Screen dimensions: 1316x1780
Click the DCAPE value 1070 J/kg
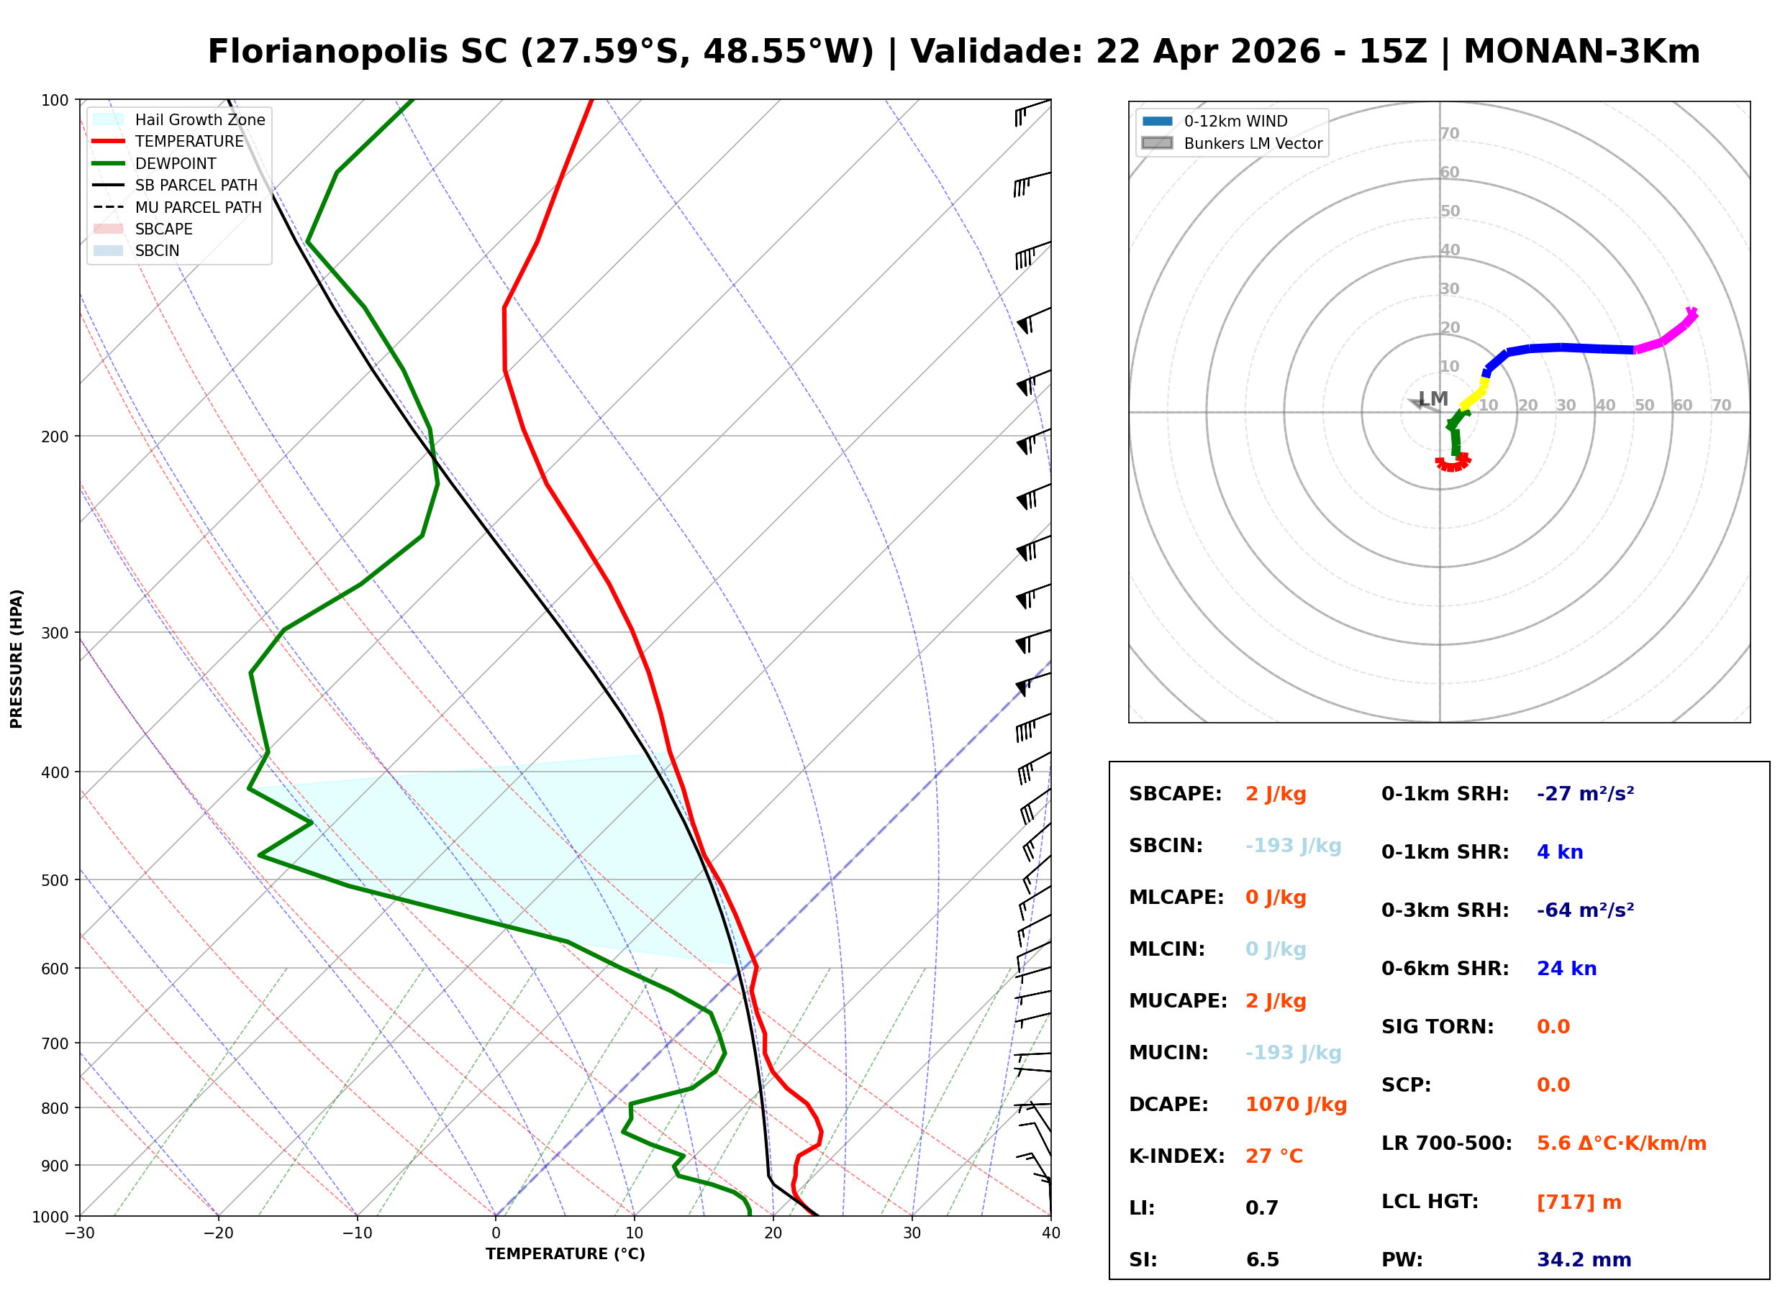(1296, 1104)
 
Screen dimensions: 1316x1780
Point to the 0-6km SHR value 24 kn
(1566, 969)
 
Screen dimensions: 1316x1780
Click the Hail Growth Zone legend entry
(199, 119)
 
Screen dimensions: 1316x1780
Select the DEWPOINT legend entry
(176, 163)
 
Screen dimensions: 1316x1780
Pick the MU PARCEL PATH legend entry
(198, 207)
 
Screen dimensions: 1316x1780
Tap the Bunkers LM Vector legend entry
(1252, 143)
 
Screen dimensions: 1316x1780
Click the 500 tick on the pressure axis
(55, 880)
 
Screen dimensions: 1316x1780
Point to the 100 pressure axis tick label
(55, 101)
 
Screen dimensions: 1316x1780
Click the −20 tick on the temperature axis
(217, 1233)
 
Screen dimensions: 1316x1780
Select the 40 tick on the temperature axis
(1050, 1233)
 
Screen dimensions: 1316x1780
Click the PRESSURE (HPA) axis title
(17, 658)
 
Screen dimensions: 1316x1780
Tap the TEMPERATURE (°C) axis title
(565, 1254)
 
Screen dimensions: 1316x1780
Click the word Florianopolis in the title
(357, 52)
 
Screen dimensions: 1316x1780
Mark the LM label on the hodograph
(1432, 398)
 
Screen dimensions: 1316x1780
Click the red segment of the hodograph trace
(1453, 465)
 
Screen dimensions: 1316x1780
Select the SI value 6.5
(1262, 1259)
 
